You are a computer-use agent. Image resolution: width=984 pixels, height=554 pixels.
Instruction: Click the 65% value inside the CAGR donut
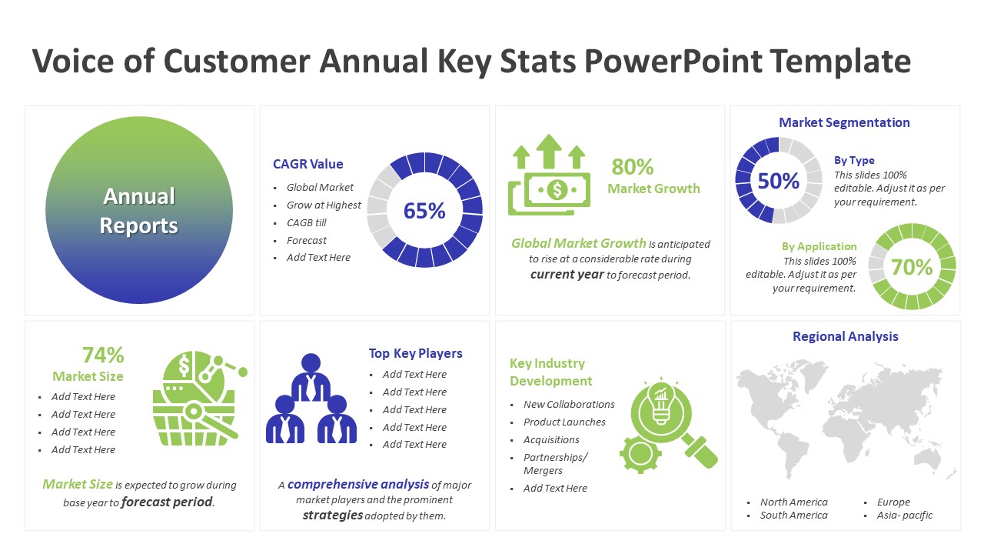(424, 211)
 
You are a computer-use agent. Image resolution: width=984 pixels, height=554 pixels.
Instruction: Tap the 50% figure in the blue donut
(779, 181)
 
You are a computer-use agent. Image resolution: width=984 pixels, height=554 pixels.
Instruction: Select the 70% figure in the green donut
(912, 267)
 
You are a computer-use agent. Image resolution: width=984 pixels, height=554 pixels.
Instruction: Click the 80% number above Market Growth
(633, 167)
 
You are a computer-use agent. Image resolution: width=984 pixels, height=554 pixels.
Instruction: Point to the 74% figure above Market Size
(103, 355)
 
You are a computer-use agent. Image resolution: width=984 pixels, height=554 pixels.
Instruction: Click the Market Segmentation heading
(844, 122)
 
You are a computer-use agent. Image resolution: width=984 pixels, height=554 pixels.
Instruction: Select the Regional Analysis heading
(845, 336)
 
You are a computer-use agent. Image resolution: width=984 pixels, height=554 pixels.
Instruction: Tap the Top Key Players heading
(416, 353)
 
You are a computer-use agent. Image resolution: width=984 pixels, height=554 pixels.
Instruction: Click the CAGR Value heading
(308, 164)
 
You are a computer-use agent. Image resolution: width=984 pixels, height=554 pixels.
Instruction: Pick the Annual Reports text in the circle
(139, 211)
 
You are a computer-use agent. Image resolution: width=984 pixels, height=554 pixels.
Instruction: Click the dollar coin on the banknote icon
(557, 190)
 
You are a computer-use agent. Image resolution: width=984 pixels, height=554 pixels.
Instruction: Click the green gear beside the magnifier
(640, 453)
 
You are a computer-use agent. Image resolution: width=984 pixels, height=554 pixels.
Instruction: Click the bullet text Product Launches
(564, 422)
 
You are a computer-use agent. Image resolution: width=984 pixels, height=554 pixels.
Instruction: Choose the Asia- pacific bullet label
(905, 516)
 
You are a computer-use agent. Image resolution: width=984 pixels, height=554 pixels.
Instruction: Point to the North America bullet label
(794, 502)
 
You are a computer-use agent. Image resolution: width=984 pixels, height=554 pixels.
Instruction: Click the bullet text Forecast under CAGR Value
(307, 241)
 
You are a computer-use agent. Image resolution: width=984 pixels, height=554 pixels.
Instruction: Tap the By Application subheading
(819, 246)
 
